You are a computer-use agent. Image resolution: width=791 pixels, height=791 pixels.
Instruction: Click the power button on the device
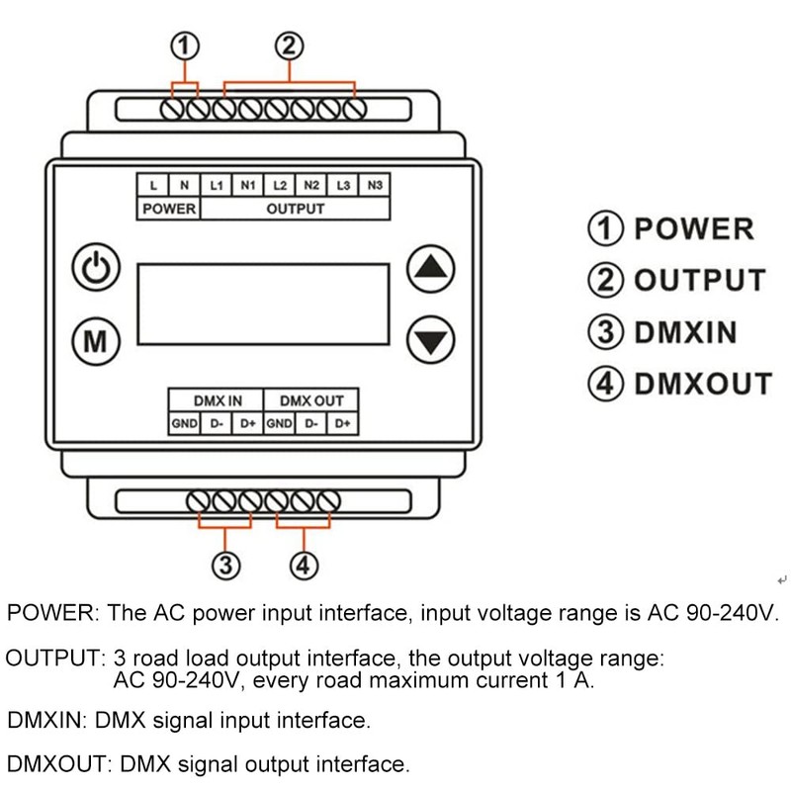[x=96, y=270]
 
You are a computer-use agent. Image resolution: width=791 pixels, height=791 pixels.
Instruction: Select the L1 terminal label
[x=217, y=185]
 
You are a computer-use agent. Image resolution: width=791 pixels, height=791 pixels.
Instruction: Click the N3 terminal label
[x=373, y=185]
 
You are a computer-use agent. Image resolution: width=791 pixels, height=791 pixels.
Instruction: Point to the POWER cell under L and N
[x=169, y=209]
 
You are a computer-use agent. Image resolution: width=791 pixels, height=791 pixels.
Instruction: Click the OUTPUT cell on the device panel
[x=295, y=209]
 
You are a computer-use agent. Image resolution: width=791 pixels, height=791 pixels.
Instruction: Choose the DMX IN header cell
[x=217, y=401]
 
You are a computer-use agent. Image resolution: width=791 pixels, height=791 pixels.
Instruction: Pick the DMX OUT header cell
[x=311, y=401]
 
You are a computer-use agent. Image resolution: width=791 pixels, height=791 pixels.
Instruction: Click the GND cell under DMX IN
[x=185, y=424]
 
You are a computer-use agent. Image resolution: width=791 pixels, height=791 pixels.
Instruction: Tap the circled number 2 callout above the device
[x=289, y=46]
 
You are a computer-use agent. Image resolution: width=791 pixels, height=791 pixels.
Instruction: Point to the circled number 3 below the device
[x=225, y=566]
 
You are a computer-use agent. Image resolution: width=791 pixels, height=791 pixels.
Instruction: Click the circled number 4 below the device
[x=305, y=566]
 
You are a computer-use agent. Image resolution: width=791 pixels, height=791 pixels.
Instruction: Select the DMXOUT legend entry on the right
[x=680, y=383]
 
